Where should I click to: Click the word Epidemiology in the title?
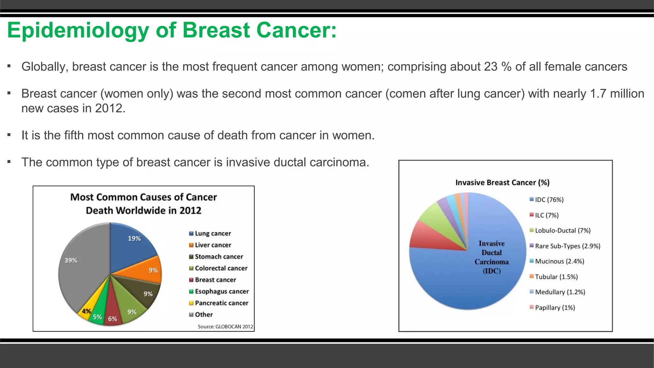point(78,30)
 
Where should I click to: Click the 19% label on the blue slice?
point(134,239)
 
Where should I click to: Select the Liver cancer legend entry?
point(213,245)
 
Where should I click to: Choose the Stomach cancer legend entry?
point(219,257)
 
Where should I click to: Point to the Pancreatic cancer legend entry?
point(221,303)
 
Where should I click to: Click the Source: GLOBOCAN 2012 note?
point(225,326)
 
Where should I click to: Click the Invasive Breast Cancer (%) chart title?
point(502,182)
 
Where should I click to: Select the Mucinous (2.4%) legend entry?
point(559,261)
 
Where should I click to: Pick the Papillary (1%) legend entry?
point(555,308)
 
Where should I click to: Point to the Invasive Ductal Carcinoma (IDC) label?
point(492,257)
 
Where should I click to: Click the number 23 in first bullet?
point(491,67)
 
